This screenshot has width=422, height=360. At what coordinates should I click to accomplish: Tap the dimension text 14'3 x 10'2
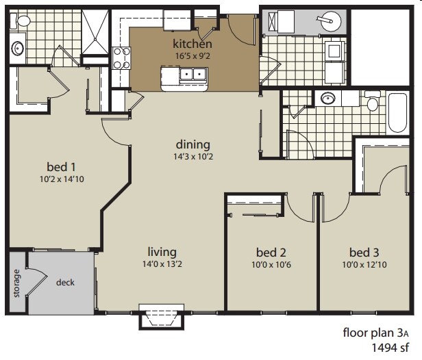tap(193, 157)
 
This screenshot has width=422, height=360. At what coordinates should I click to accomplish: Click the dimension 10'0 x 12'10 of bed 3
tap(364, 265)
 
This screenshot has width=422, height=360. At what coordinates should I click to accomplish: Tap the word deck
tap(65, 282)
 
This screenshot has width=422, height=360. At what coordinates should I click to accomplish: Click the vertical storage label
tap(16, 283)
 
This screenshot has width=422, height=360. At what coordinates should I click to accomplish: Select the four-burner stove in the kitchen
tap(121, 58)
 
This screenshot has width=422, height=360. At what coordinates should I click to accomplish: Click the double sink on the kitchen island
tap(186, 75)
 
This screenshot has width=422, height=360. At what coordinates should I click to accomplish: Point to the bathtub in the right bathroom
tap(397, 113)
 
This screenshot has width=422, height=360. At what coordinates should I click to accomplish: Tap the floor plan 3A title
tap(377, 333)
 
